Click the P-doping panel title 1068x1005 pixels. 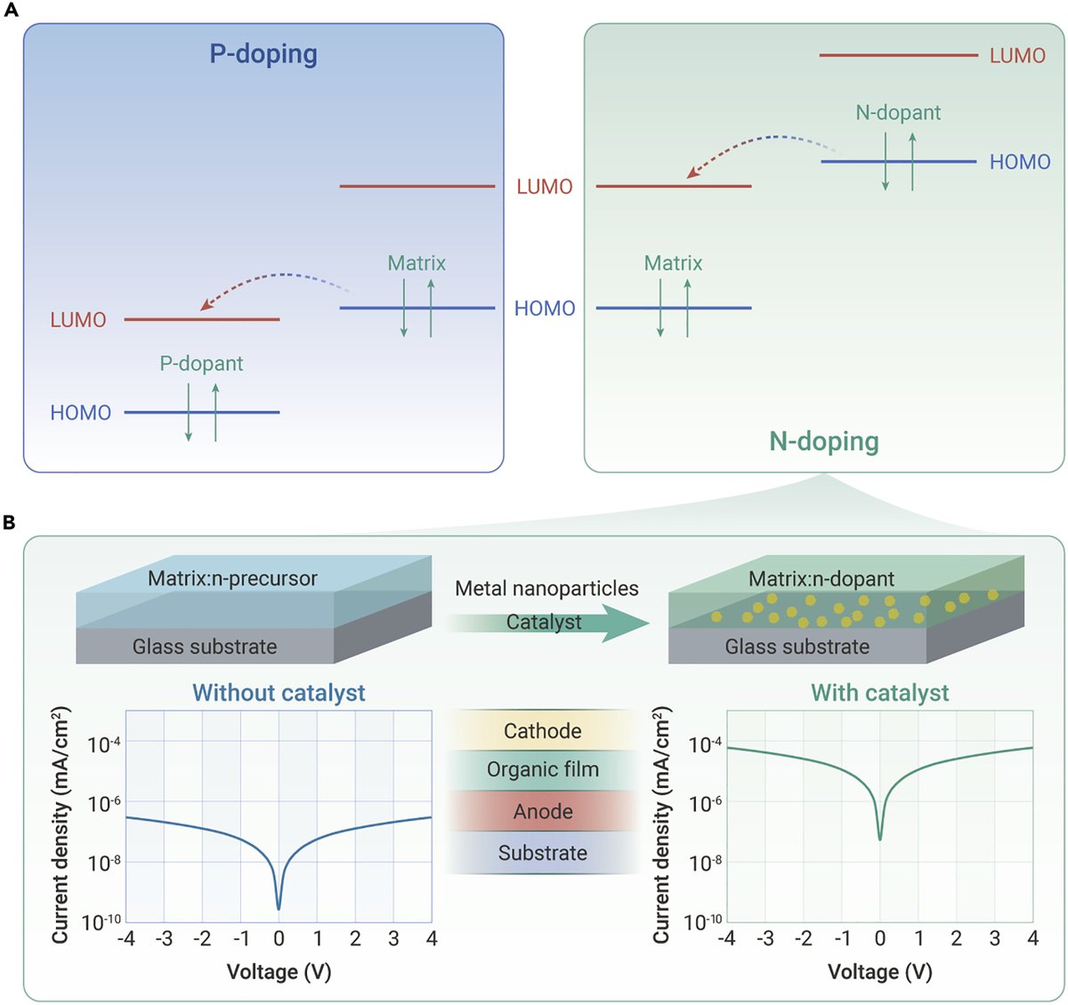[x=263, y=54]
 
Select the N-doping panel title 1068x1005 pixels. [x=823, y=441]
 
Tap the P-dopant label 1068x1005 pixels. [x=201, y=363]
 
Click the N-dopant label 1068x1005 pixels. [x=897, y=113]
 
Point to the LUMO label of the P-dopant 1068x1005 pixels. [x=78, y=320]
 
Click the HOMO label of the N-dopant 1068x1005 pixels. [x=1020, y=162]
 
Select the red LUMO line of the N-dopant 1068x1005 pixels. [x=898, y=55]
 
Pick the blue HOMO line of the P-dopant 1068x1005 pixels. [x=201, y=413]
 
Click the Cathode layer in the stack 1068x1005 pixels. [x=542, y=731]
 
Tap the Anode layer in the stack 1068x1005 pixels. [x=542, y=811]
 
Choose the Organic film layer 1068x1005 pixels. [x=542, y=770]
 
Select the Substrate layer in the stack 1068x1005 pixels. [x=542, y=853]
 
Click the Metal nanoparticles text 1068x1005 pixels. [x=546, y=589]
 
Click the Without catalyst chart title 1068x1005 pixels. [x=279, y=693]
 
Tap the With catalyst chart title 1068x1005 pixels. [x=879, y=693]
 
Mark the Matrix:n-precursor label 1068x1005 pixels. [x=232, y=579]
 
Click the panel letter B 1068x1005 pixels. [x=10, y=522]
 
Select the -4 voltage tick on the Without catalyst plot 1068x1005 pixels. [x=126, y=939]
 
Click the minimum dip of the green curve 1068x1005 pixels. [x=880, y=838]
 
